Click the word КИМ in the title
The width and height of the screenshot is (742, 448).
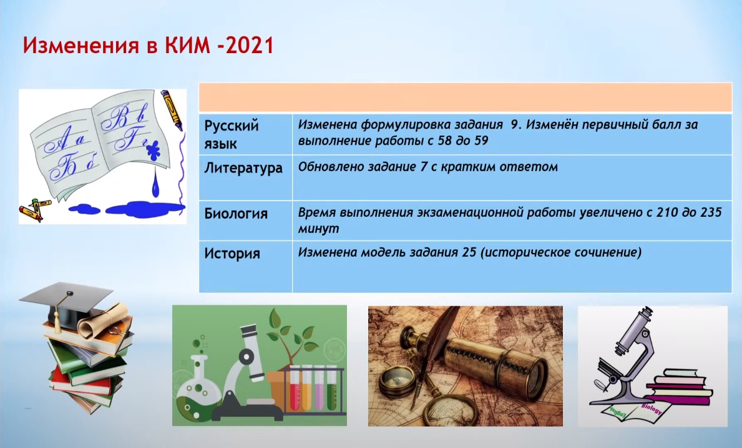[x=188, y=46]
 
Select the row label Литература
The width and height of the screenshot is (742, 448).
[x=243, y=167]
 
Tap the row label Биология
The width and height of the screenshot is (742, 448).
[x=236, y=214]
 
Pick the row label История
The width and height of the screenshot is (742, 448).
[x=232, y=253]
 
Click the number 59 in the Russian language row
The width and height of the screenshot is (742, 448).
[x=481, y=141]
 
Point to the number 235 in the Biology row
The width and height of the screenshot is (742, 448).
[x=711, y=212]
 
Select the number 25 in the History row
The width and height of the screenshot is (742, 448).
[x=469, y=252]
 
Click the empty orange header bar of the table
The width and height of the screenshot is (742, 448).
[x=465, y=97]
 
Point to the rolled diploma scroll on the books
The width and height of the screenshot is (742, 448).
[x=103, y=321]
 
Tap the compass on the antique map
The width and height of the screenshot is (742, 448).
[x=394, y=379]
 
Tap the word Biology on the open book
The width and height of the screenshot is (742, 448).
[x=652, y=409]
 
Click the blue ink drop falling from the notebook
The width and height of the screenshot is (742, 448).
[x=156, y=184]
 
